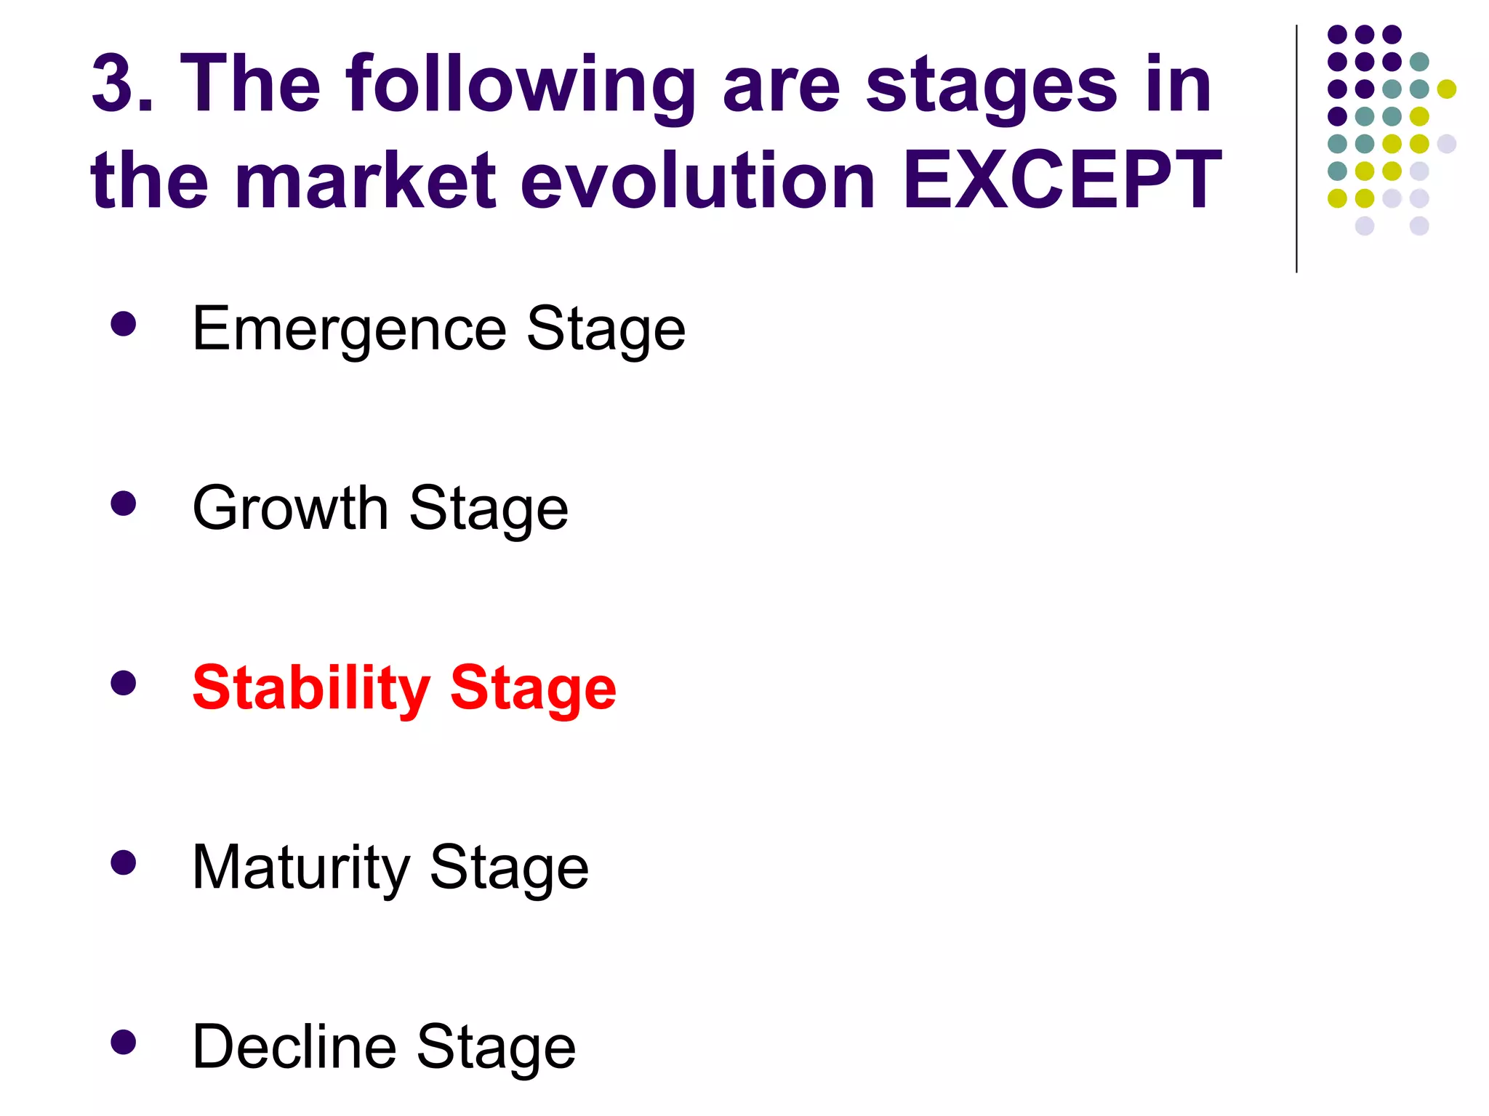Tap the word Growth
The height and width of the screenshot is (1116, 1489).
click(291, 509)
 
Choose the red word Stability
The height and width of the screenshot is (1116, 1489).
click(311, 689)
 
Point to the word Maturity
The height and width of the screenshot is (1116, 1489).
click(301, 868)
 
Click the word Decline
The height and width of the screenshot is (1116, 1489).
click(294, 1047)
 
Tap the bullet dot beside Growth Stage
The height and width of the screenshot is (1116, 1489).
click(124, 503)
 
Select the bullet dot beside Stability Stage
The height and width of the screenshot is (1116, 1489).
click(124, 682)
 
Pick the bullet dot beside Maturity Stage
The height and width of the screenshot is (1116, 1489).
click(124, 862)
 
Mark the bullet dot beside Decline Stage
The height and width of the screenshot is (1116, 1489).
click(124, 1042)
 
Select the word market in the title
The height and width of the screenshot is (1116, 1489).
click(365, 180)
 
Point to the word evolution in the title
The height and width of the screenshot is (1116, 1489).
click(698, 180)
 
